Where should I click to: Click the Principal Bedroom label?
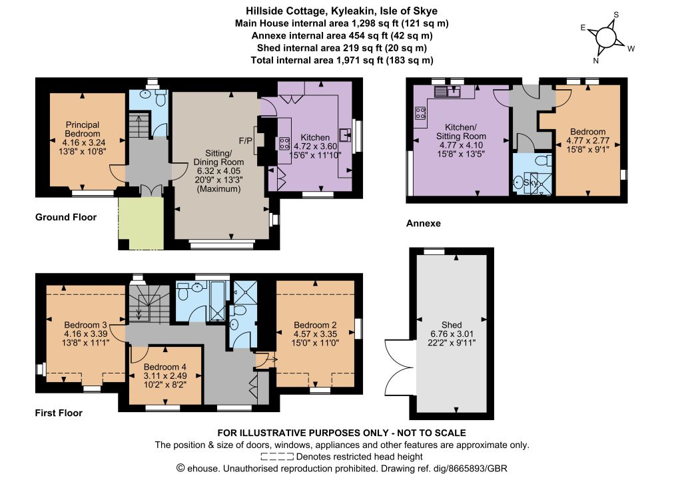pos(83,129)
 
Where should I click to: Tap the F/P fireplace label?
pos(245,140)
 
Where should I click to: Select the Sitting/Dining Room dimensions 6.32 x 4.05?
pos(218,171)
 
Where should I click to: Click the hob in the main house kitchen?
pos(284,143)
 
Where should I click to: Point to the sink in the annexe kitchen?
pos(448,91)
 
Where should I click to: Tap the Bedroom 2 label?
pos(315,325)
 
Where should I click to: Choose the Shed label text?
pos(452,325)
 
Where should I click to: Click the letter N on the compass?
pos(596,61)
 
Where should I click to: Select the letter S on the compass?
pos(616,15)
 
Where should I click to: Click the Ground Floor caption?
pos(66,217)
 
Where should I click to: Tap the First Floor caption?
pos(59,413)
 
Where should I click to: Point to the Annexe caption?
pos(423,224)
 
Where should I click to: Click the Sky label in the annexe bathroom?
pos(531,182)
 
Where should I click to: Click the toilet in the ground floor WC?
pos(160,100)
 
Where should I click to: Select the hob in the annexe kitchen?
pos(420,113)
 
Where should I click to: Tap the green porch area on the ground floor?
pos(141,224)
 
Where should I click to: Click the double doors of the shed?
pos(398,367)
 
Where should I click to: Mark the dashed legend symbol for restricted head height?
pos(277,457)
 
